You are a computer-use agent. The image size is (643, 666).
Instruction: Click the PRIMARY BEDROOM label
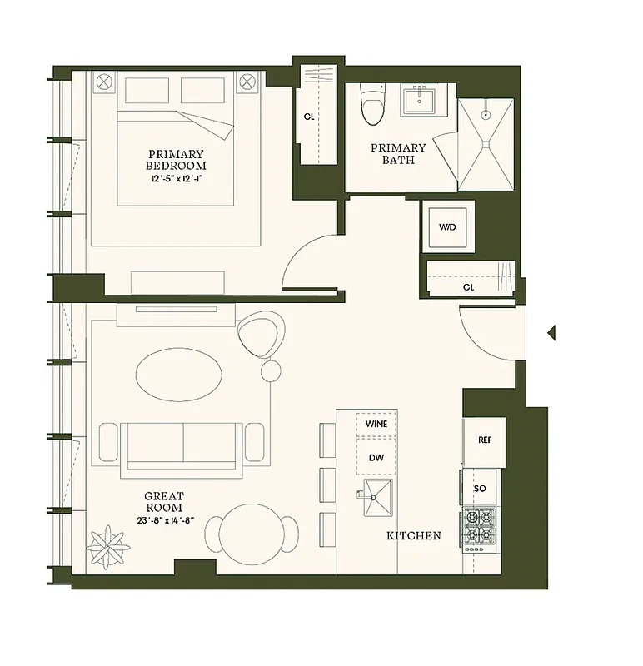click(176, 159)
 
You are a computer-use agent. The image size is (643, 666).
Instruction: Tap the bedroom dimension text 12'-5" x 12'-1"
click(176, 178)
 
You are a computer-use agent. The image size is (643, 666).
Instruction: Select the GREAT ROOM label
click(164, 502)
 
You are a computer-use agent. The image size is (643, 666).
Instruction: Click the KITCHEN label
click(413, 535)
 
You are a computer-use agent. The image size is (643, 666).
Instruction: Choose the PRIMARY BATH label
click(398, 153)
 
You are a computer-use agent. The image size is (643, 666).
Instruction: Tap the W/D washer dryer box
click(446, 226)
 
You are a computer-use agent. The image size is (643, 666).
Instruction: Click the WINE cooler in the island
click(376, 424)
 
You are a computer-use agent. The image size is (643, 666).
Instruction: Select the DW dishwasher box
click(376, 457)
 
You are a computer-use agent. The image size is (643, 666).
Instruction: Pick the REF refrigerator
click(485, 440)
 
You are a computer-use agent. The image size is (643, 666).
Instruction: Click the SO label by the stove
click(480, 488)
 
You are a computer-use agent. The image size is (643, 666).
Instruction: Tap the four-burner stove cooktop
click(480, 529)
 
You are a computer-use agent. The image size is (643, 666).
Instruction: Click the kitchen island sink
click(376, 499)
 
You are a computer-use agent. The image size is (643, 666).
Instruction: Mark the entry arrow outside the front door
click(551, 333)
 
